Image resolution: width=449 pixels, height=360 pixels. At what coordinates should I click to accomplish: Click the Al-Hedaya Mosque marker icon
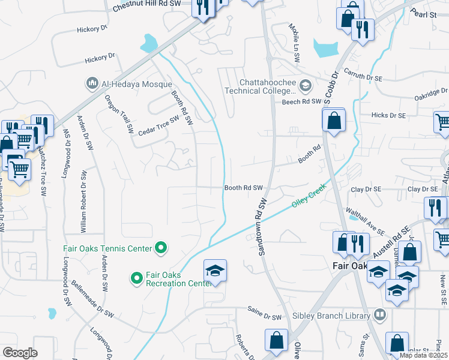pos(92,82)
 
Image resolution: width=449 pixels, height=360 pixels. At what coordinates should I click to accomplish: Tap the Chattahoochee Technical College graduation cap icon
pos(305,86)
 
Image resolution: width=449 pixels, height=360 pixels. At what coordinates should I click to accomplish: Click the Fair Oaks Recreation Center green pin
pos(136,277)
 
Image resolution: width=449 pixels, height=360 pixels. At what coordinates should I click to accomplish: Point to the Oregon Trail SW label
pos(119,113)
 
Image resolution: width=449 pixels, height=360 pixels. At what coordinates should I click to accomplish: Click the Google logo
pos(20,352)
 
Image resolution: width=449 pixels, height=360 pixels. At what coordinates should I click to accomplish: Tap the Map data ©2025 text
pos(423,355)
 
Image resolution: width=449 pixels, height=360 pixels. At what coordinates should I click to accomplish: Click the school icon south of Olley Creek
pos(215,271)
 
